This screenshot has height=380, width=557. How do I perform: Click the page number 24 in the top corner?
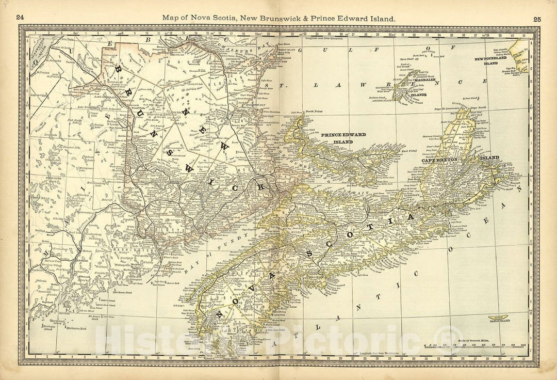[x=20, y=18]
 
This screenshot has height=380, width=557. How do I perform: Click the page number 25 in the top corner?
[x=537, y=19]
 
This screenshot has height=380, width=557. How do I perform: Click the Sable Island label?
[x=499, y=321]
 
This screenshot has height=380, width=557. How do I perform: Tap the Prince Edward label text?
[x=343, y=135]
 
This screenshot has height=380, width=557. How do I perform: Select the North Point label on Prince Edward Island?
[x=314, y=110]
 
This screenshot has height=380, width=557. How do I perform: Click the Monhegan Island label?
[x=49, y=327]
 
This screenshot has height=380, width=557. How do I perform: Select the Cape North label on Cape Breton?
[x=479, y=107]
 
